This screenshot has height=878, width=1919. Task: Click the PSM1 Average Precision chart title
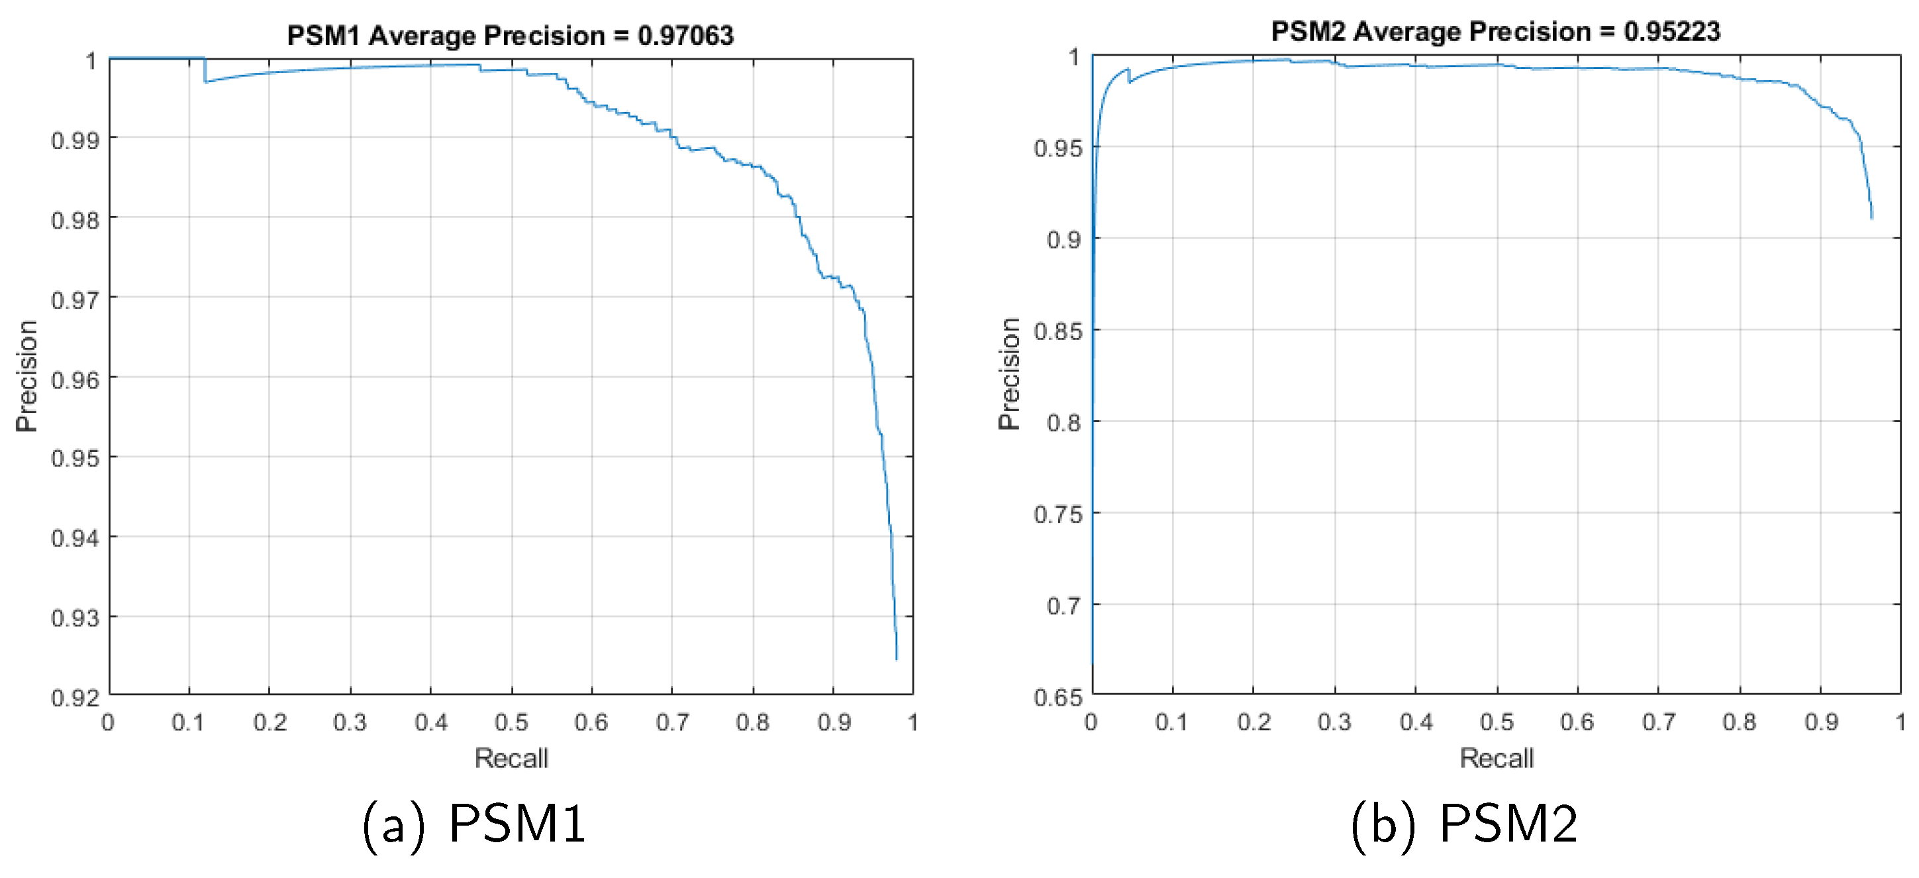click(x=511, y=35)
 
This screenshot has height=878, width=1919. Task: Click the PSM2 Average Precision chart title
click(x=1495, y=31)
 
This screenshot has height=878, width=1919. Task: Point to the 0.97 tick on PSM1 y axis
click(x=75, y=300)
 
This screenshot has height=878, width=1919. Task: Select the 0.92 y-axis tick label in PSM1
click(x=75, y=698)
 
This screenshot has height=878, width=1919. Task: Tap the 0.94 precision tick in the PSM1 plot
click(x=75, y=538)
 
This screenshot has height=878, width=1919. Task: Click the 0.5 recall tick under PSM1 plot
click(x=511, y=722)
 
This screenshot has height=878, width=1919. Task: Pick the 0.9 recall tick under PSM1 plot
click(x=834, y=722)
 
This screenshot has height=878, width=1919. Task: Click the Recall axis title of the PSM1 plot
click(x=511, y=758)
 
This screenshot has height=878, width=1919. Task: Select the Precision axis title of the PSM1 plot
click(x=26, y=376)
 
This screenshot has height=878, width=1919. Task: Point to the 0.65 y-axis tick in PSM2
click(x=1058, y=698)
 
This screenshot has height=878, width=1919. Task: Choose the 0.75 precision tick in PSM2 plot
click(x=1058, y=514)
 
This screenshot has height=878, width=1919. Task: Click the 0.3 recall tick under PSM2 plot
click(x=1334, y=722)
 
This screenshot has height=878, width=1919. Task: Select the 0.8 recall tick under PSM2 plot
click(x=1740, y=722)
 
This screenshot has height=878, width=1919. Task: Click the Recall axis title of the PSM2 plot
click(x=1496, y=758)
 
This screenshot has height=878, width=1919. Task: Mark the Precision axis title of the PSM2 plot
click(x=1009, y=374)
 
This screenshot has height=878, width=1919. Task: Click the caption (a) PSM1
click(x=474, y=824)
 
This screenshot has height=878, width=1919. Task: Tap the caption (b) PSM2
click(x=1464, y=824)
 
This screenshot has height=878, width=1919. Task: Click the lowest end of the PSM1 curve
click(x=896, y=659)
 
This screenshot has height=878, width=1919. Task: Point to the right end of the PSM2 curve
click(x=1871, y=217)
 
